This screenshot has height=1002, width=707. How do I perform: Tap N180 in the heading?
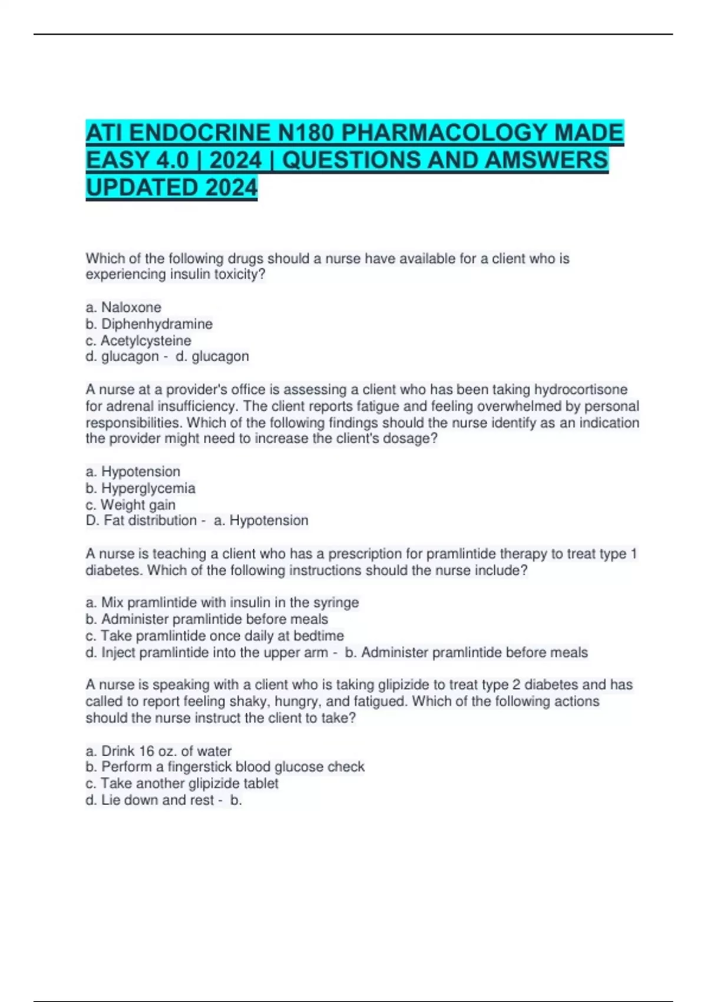(x=306, y=133)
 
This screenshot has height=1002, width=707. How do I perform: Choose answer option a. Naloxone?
(x=123, y=307)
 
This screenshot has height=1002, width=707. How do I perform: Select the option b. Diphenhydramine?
(x=149, y=324)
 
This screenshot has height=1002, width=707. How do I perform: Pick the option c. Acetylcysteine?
(x=138, y=340)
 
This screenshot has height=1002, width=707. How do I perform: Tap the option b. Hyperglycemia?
(x=140, y=488)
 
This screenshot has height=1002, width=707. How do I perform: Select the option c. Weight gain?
(x=130, y=505)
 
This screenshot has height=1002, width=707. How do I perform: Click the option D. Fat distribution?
(x=141, y=520)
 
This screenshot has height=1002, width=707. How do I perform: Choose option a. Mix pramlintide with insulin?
(x=222, y=602)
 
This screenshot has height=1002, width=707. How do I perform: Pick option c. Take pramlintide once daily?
(x=214, y=635)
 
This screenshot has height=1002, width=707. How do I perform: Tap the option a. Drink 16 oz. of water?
(x=158, y=751)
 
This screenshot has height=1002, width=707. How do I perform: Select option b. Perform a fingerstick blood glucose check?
(x=225, y=767)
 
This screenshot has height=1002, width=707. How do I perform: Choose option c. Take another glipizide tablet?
(x=182, y=783)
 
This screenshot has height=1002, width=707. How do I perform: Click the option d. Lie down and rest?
(x=150, y=800)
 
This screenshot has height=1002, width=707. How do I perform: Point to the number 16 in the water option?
(x=146, y=751)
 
